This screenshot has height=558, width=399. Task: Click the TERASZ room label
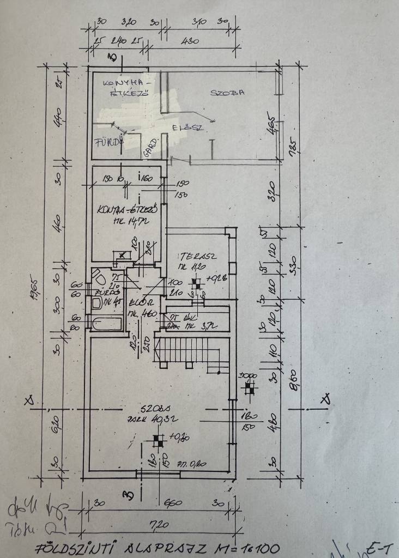click(193, 256)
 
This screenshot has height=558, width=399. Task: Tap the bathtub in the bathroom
click(107, 323)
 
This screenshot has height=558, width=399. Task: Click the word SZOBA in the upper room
click(227, 92)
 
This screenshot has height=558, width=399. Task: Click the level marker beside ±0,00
click(249, 388)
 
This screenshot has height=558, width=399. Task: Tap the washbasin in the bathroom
click(97, 304)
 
